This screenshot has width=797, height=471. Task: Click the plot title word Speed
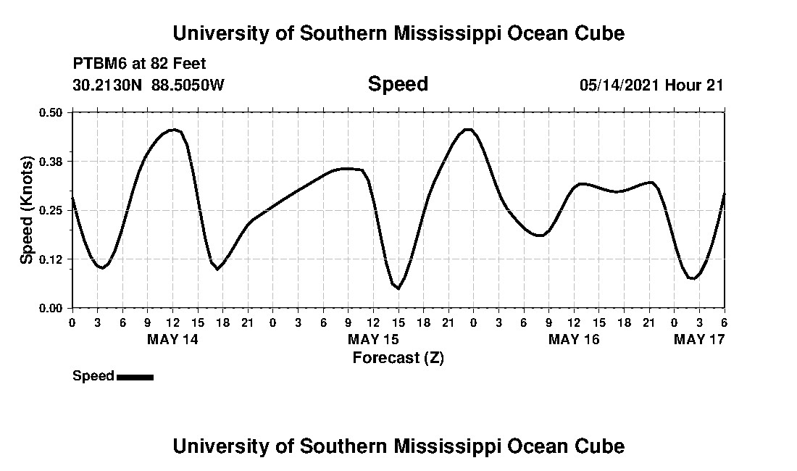pyautogui.click(x=398, y=84)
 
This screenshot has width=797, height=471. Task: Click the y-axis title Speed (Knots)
pyautogui.click(x=27, y=209)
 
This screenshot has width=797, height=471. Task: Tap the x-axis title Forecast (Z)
pyautogui.click(x=398, y=357)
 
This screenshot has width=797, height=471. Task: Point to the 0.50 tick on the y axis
pyautogui.click(x=51, y=112)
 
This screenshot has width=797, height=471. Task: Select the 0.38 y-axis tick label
pyautogui.click(x=51, y=161)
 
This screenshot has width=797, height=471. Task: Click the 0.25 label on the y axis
pyautogui.click(x=51, y=210)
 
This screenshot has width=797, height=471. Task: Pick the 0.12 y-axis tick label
pyautogui.click(x=51, y=259)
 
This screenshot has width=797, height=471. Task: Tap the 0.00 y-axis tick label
pyautogui.click(x=51, y=308)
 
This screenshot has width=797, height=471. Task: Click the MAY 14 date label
pyautogui.click(x=172, y=339)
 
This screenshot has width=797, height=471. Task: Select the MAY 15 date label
pyautogui.click(x=373, y=339)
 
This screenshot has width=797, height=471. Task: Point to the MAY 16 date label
pyautogui.click(x=574, y=339)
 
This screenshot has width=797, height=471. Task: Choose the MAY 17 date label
pyautogui.click(x=699, y=339)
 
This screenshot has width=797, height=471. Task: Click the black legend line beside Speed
pyautogui.click(x=135, y=377)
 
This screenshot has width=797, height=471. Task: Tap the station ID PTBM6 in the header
pyautogui.click(x=98, y=64)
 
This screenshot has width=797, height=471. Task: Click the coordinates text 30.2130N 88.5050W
pyautogui.click(x=149, y=85)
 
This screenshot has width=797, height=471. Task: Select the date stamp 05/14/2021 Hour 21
pyautogui.click(x=651, y=85)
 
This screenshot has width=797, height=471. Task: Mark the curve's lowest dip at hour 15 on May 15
pyautogui.click(x=398, y=288)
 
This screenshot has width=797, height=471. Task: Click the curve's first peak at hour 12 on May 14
pyautogui.click(x=172, y=130)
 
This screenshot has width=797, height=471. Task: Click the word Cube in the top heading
pyautogui.click(x=600, y=33)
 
